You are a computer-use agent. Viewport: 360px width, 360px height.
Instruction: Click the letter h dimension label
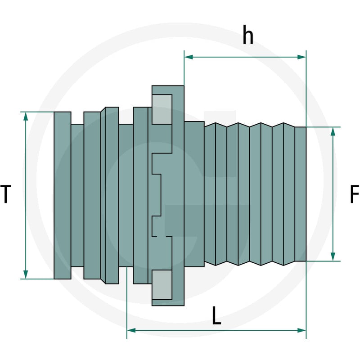pos(248,35)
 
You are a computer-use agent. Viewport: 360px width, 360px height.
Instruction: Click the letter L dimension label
pos(216,315)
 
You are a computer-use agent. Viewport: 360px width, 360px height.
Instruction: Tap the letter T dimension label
pos(5,194)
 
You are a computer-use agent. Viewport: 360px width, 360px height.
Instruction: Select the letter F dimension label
pos(354,194)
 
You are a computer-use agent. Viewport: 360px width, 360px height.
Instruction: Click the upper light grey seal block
pos(162,109)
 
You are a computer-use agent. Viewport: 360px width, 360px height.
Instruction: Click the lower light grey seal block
pos(162,285)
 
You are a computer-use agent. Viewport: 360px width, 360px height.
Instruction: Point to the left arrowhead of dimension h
pos(188,57)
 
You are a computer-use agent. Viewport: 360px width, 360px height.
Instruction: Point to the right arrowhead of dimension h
pos(301,57)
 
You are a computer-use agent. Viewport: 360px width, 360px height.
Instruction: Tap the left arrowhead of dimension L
pos(131,330)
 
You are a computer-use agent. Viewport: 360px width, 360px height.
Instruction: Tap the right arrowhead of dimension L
pos(301,330)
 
